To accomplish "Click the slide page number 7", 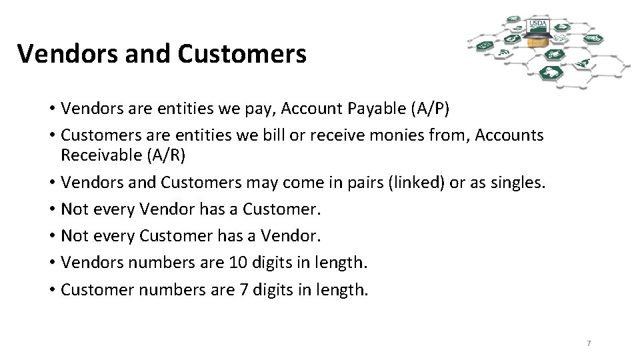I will pyautogui.click(x=589, y=343).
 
